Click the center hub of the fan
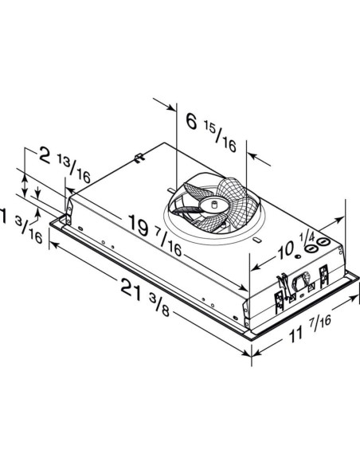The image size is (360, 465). [x=213, y=205]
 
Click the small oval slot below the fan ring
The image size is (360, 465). [x=256, y=240]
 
